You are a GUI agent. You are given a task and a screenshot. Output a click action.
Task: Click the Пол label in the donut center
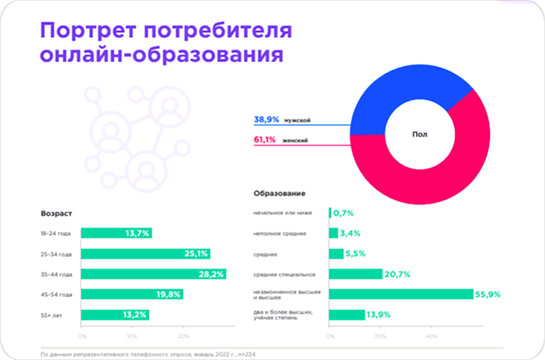click(x=419, y=136)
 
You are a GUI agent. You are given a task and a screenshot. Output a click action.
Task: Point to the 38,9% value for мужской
click(x=266, y=119)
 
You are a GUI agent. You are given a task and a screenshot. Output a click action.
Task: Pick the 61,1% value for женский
click(x=266, y=140)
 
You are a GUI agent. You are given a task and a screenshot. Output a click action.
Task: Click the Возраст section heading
click(x=56, y=214)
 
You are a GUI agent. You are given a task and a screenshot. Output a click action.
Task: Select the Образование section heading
click(x=280, y=194)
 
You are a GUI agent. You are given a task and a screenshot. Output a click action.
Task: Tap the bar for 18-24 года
click(x=116, y=233)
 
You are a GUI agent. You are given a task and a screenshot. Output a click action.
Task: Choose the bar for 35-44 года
click(x=153, y=273)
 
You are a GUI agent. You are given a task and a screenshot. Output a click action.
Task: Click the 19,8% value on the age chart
click(x=192, y=294)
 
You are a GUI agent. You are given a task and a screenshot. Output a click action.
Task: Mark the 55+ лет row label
click(x=53, y=314)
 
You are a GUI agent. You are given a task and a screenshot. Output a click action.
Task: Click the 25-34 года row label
click(x=56, y=254)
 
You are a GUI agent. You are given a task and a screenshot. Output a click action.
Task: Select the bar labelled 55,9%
click(x=400, y=293)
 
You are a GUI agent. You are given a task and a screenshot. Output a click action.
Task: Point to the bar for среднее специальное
click(x=355, y=273)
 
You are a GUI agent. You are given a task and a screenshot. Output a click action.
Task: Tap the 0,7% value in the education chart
click(x=343, y=213)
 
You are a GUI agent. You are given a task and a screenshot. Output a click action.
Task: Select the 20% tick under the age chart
click(x=183, y=335)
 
